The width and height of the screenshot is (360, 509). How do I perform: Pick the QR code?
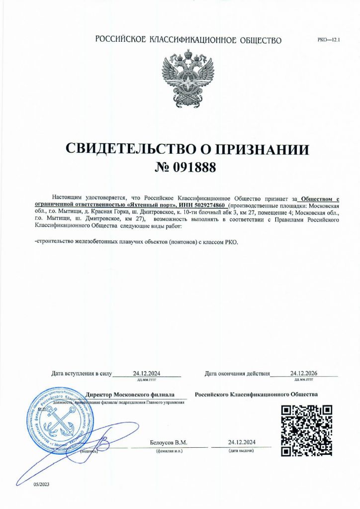[x=306, y=431]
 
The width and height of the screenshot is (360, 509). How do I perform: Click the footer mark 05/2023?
[x=42, y=484]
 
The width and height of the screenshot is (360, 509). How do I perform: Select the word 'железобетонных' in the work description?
[x=94, y=242]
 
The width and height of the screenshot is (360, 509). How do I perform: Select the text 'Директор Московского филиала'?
[x=130, y=394]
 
